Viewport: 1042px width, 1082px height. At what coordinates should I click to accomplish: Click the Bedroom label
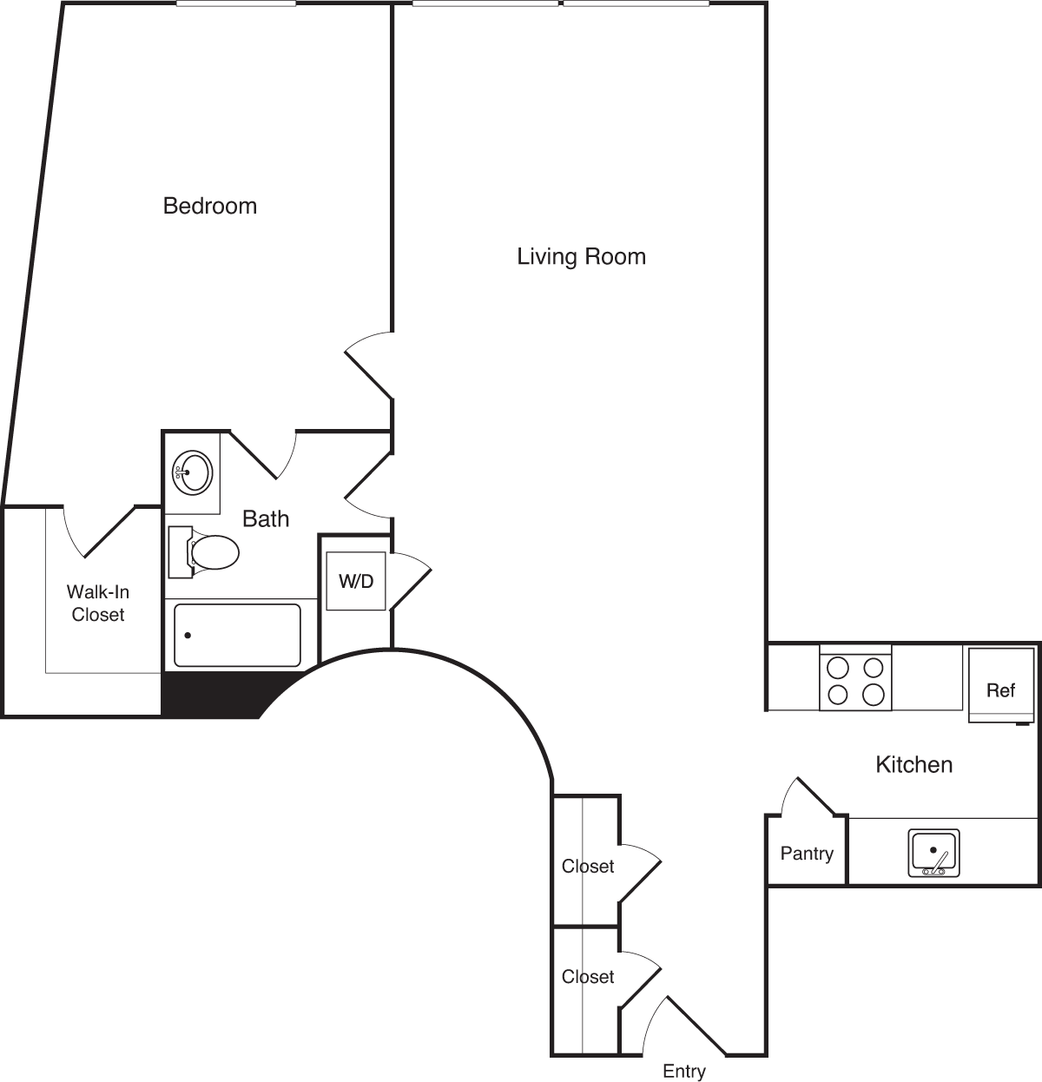tap(210, 206)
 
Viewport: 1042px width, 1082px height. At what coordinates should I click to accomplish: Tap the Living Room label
tap(581, 256)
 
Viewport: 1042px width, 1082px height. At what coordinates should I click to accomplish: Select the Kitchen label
tap(913, 764)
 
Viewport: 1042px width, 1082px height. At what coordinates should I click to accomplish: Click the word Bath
tap(265, 518)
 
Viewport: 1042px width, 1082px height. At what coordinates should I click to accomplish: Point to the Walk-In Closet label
tap(98, 603)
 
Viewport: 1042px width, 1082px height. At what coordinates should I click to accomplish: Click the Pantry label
tap(806, 854)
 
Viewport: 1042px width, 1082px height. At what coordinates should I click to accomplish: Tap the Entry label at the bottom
tap(683, 1071)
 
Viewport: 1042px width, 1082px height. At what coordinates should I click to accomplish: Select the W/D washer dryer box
tap(355, 581)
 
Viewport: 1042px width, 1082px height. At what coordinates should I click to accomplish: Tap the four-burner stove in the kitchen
tap(854, 680)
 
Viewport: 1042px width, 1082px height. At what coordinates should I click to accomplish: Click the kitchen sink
tap(933, 853)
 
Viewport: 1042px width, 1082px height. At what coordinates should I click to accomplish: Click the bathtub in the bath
tap(237, 635)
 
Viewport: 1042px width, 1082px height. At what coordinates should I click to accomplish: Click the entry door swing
tap(686, 1025)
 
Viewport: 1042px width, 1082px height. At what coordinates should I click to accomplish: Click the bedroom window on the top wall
tap(235, 4)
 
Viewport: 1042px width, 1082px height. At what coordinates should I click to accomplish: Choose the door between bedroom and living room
tap(369, 365)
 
